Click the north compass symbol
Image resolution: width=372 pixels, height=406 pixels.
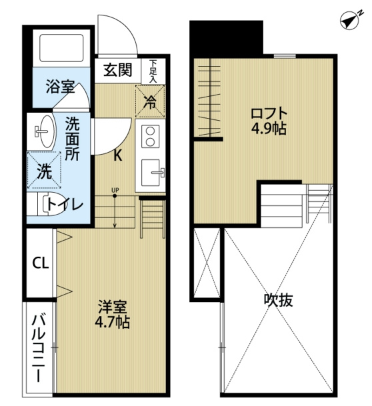click(x=351, y=20)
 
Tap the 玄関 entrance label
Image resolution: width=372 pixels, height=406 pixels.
click(x=118, y=70)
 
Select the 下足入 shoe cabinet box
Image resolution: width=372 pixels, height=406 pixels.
click(x=153, y=71)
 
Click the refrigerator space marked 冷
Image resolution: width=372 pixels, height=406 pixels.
click(x=150, y=101)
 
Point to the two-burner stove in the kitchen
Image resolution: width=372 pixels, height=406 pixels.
click(x=150, y=137)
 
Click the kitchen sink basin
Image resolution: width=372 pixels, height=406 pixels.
click(x=151, y=172)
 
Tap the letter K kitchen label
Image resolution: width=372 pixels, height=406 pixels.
click(x=118, y=155)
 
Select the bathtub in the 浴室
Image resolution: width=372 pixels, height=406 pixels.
click(x=61, y=48)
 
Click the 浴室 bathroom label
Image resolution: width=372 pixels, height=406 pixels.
click(x=60, y=87)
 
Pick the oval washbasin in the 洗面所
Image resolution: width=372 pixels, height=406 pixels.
click(x=45, y=131)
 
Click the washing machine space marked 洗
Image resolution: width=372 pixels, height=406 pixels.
click(x=44, y=170)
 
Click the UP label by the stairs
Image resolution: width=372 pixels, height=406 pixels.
click(x=115, y=190)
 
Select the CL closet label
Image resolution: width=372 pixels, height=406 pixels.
click(x=41, y=263)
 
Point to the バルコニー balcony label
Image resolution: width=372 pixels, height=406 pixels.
click(x=39, y=348)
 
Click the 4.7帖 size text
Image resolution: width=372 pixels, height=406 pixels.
click(x=113, y=322)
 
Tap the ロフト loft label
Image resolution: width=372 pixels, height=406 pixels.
click(x=269, y=114)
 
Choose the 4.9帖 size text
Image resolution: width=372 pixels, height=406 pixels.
click(x=269, y=129)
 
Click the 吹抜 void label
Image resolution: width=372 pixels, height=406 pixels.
click(x=278, y=300)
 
